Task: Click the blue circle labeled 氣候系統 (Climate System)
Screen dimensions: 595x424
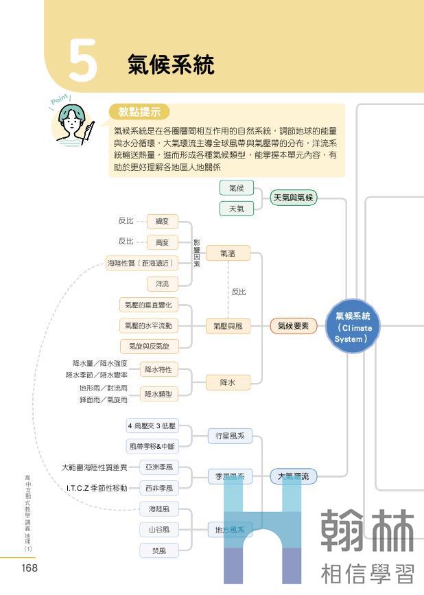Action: [x=353, y=327]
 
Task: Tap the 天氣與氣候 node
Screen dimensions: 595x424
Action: [x=293, y=198]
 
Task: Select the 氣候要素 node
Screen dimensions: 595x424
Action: [x=293, y=327]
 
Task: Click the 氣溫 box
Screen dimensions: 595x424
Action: [x=227, y=253]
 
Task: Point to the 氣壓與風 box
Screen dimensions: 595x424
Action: [x=227, y=327]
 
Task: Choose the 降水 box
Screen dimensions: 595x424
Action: [x=227, y=382]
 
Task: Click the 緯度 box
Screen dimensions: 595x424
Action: [x=162, y=221]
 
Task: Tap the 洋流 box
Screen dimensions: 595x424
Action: [x=162, y=283]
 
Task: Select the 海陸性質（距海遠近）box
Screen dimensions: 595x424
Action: [x=141, y=263]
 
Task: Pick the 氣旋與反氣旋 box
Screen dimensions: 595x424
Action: [x=149, y=346]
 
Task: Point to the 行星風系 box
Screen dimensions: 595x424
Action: [x=230, y=436]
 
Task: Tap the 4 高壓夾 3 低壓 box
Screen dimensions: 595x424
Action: [x=152, y=425]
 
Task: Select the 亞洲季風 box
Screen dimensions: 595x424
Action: [x=158, y=467]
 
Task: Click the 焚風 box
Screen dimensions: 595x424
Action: [x=158, y=550]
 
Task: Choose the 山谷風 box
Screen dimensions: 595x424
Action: [x=158, y=530]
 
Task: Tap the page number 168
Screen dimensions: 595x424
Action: [x=29, y=568]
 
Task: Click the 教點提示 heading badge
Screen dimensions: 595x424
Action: [x=139, y=112]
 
